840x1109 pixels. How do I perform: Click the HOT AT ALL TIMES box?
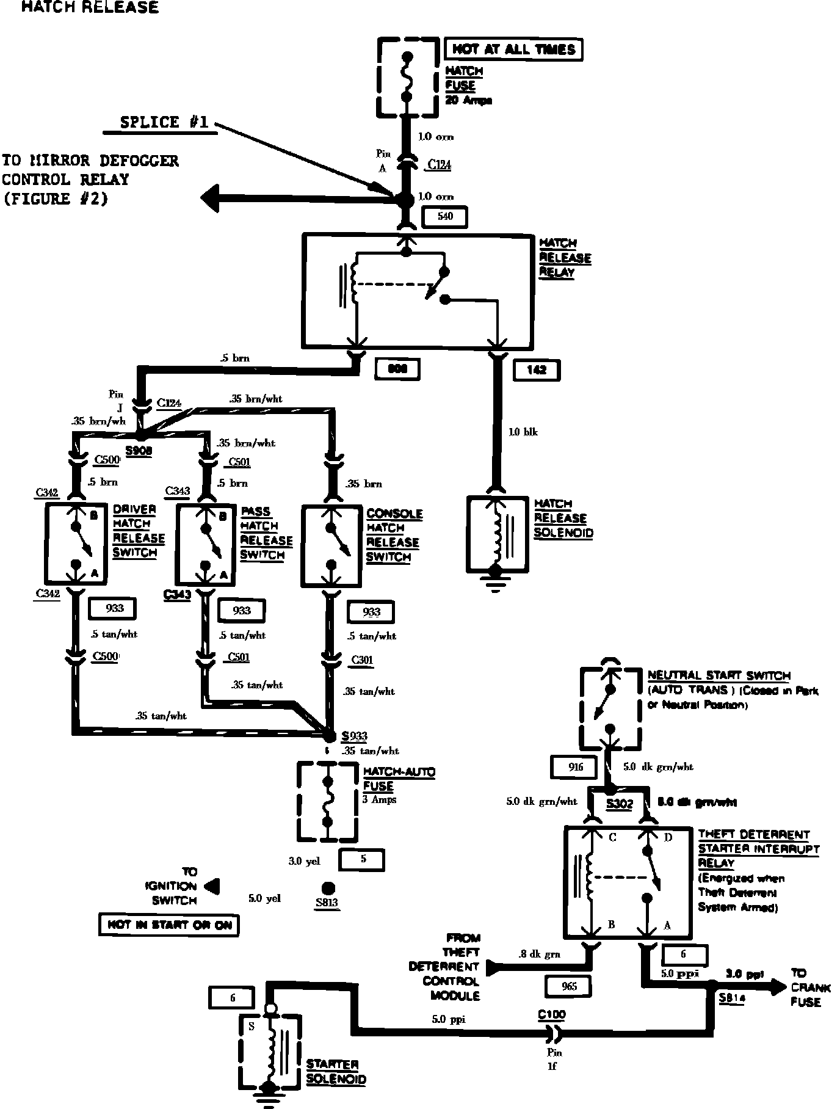point(514,49)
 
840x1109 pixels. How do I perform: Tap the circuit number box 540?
point(445,216)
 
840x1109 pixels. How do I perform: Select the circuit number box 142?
point(537,369)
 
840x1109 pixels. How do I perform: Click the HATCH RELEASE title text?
point(90,7)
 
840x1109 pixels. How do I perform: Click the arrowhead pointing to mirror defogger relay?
point(211,199)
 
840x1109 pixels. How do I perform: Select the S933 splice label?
point(355,736)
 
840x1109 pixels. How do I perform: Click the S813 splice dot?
point(328,888)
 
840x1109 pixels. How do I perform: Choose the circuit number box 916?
point(575,767)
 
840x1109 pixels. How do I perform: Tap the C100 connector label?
point(552,1015)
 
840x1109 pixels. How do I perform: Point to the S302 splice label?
point(619,804)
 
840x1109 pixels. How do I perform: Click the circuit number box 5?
point(363,859)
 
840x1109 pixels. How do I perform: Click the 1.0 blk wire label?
point(523,432)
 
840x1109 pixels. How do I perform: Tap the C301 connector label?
point(361,660)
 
